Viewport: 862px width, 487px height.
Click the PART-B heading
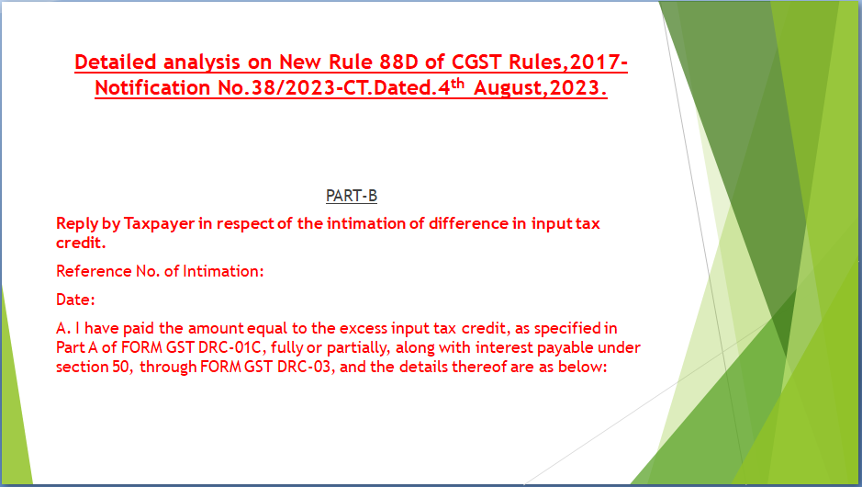[352, 196]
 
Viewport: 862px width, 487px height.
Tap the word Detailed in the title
[116, 62]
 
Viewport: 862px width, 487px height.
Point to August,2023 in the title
[541, 87]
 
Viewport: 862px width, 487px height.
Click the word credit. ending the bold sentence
[81, 243]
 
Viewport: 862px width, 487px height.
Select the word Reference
[94, 271]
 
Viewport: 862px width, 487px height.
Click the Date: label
[75, 300]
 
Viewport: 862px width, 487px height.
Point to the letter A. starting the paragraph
[63, 329]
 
